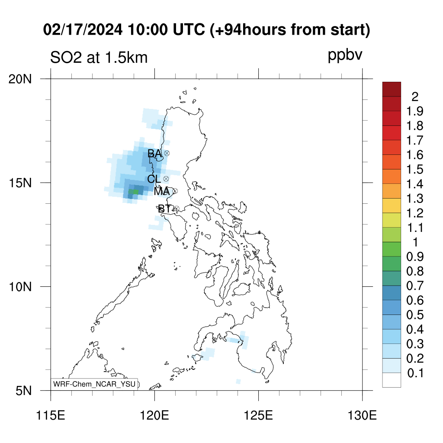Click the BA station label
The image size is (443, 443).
pyautogui.click(x=154, y=154)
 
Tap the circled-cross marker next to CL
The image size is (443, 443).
pyautogui.click(x=166, y=179)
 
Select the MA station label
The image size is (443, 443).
pyautogui.click(x=162, y=192)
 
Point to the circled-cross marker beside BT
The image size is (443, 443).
pyautogui.click(x=177, y=209)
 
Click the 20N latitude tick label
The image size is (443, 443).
pyautogui.click(x=20, y=80)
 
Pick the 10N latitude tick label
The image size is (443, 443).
pyautogui.click(x=20, y=287)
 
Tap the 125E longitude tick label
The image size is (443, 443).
pyautogui.click(x=258, y=416)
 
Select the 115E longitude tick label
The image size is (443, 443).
pyautogui.click(x=51, y=416)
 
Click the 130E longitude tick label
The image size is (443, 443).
pyautogui.click(x=362, y=416)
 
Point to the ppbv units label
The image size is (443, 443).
pyautogui.click(x=345, y=55)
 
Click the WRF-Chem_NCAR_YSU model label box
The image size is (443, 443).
pyautogui.click(x=94, y=384)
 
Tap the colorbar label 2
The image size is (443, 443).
pyautogui.click(x=415, y=97)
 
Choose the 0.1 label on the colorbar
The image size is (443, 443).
pyautogui.click(x=415, y=373)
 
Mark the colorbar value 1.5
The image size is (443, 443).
pyautogui.click(x=415, y=170)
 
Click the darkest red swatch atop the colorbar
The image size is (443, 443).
pyautogui.click(x=392, y=89)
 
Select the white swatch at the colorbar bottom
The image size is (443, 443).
pyautogui.click(x=392, y=380)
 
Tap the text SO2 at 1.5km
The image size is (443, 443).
pyautogui.click(x=99, y=58)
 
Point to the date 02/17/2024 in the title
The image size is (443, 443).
pyautogui.click(x=83, y=30)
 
